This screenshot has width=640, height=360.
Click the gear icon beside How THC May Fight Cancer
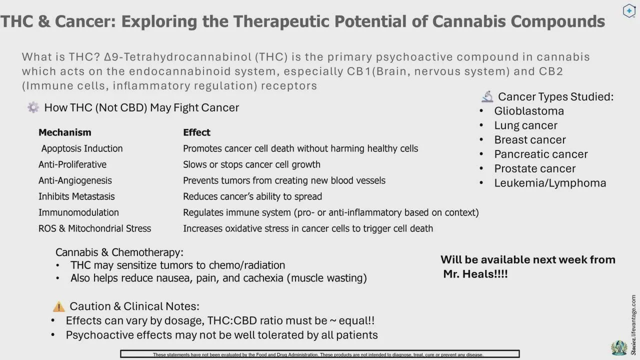(x=33, y=107)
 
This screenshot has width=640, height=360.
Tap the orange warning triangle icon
(x=59, y=306)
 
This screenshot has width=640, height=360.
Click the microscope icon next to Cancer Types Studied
(x=487, y=96)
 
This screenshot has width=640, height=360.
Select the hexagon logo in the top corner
(x=629, y=11)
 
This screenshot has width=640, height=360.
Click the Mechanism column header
(x=65, y=132)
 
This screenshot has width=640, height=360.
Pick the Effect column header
(x=196, y=132)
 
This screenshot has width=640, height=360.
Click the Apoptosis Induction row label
(x=82, y=148)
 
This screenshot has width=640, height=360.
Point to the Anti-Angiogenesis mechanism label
(x=75, y=180)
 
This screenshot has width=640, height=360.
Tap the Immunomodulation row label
(x=78, y=212)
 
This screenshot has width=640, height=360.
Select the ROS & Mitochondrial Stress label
(x=94, y=228)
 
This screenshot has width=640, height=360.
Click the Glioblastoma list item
(x=529, y=111)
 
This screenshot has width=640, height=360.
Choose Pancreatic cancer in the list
(x=541, y=154)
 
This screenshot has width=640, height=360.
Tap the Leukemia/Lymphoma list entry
(x=550, y=183)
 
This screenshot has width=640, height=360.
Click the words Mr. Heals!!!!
(x=475, y=274)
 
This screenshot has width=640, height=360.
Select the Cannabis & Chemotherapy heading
(x=119, y=252)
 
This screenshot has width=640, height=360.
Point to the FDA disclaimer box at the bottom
(x=319, y=354)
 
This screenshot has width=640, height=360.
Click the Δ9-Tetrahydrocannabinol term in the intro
(x=178, y=57)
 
